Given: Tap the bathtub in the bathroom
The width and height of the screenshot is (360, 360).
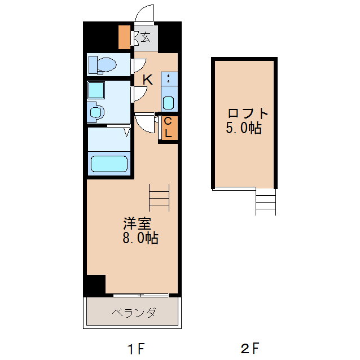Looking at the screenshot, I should pos(109,164).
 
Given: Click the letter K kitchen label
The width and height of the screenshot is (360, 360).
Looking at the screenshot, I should pos(147,80).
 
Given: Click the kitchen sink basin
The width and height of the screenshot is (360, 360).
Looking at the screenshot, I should pos(168,103).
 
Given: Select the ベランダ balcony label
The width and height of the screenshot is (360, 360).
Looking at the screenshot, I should pos(133,313).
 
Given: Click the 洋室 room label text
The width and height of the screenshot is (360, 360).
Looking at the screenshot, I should pos(138,222).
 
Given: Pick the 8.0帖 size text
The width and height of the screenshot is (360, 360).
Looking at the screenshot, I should pos(141,238).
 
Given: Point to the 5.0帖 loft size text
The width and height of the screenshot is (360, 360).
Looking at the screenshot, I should pos(244,128).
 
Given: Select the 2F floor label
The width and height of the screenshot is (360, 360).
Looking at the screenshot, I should pos(249,348).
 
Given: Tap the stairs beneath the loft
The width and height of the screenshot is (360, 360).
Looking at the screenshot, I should pos(266,201).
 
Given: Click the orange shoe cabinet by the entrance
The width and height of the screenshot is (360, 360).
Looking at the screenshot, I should pos(124,37).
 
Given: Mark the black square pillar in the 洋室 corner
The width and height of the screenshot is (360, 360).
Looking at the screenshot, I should pos(95,285).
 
